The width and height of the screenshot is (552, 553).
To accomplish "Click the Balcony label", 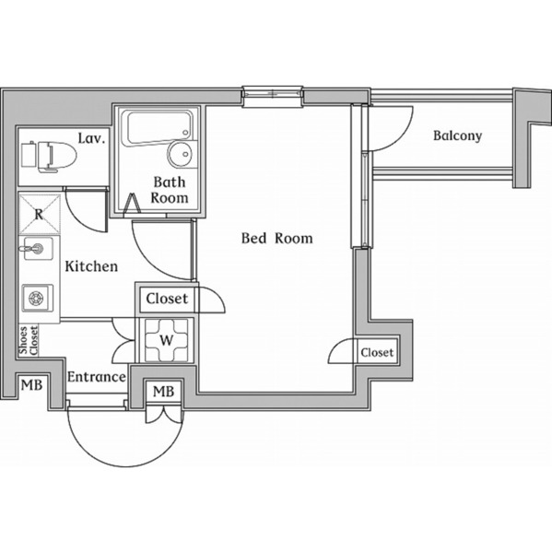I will coord(457,135).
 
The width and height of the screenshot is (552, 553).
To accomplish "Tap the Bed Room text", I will coord(276,238).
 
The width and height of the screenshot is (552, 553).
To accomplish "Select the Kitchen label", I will coord(91,266).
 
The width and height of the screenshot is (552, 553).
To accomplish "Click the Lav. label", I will coord(91,138).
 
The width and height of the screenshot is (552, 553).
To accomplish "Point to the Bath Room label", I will coord(170,190).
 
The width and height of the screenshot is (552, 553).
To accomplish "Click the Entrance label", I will coord(96,377).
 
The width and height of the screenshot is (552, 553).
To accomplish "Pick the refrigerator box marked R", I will coord(39,213).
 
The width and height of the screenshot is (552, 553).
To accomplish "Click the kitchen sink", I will coord(38,249).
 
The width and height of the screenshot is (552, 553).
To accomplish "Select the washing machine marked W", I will coord(166,339).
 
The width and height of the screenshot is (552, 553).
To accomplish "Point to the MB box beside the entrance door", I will coord(163,392).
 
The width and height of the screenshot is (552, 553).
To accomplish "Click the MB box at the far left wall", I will coord(31,385).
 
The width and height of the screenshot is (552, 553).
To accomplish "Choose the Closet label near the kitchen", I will coord(167,299).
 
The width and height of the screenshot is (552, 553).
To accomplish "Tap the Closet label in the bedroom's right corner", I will coord(377,352).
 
